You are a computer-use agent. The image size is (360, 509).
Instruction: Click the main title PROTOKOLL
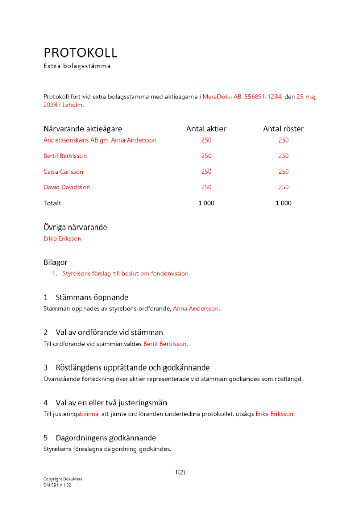coord(80,52)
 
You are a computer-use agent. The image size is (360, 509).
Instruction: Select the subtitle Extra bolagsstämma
coord(77,66)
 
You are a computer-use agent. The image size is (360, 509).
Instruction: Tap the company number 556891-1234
coord(262,96)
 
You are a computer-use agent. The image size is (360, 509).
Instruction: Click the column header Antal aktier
coord(206,129)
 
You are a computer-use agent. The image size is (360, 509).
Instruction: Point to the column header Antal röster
coord(283,129)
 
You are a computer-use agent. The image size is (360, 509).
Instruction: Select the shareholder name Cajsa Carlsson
coord(64,172)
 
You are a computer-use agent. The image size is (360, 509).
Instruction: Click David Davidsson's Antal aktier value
coord(206,187)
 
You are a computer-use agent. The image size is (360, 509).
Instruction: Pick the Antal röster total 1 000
coord(283,203)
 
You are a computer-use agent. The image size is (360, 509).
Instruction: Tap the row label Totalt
coord(52,203)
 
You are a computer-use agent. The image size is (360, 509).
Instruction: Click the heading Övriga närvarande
coord(75,227)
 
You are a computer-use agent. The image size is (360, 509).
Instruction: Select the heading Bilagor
coord(56,262)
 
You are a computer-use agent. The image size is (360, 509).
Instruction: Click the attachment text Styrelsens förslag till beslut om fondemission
coord(126,274)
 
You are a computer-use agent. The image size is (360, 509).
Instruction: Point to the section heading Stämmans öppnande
coord(92,297)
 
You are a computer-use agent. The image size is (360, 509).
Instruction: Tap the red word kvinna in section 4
coord(89,414)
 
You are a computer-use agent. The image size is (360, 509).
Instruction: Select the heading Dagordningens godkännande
coord(106,438)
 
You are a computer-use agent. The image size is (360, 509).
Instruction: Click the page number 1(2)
coord(180,472)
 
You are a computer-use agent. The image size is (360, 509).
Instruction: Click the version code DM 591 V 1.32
coord(57,485)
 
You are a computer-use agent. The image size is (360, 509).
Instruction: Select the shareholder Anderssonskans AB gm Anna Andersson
coord(100,140)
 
